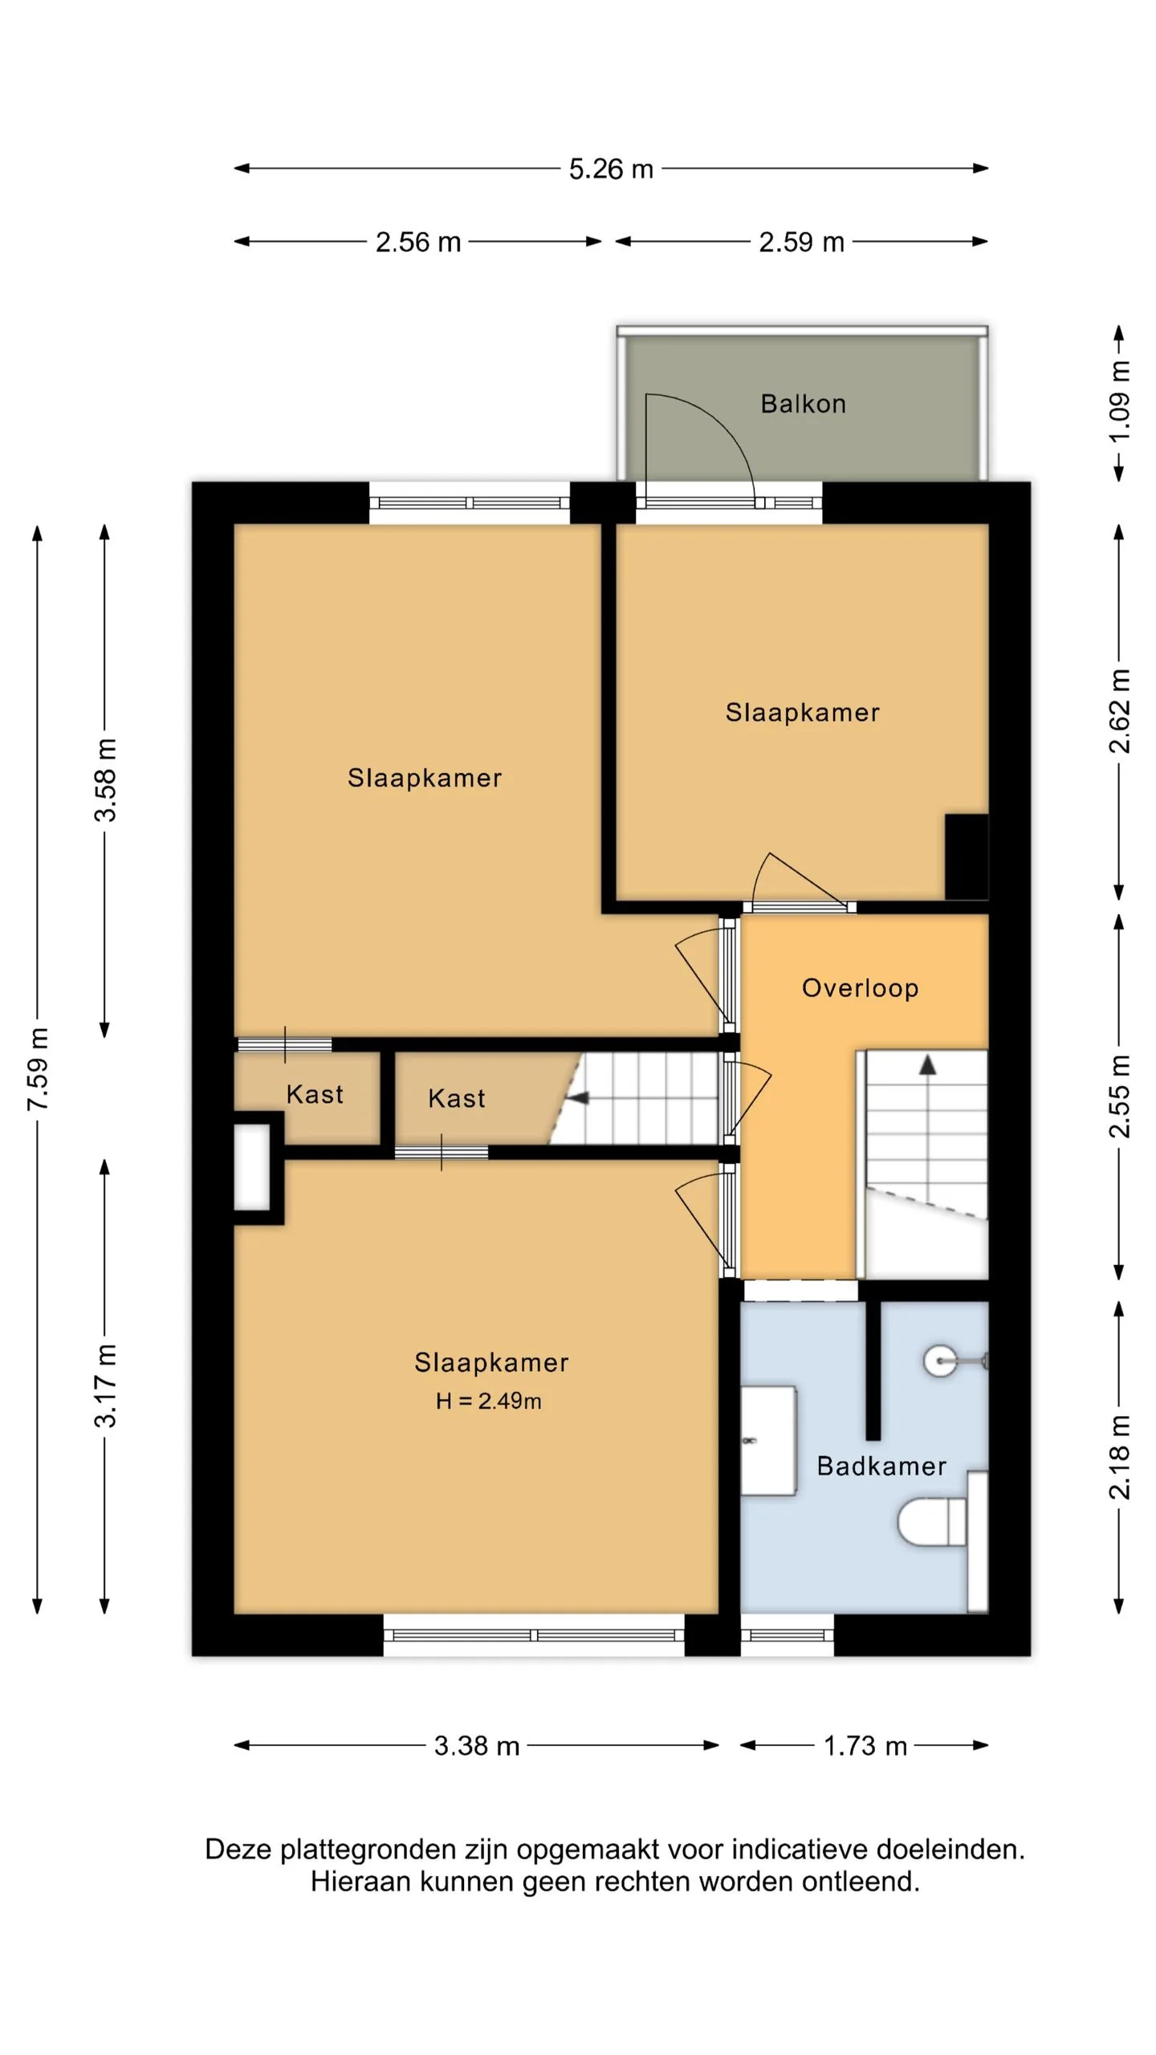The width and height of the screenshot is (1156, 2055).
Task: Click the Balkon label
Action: click(803, 403)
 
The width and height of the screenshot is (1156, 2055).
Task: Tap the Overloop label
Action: click(860, 988)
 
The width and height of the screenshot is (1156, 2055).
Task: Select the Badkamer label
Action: click(881, 1466)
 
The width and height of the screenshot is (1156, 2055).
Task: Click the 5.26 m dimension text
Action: click(611, 169)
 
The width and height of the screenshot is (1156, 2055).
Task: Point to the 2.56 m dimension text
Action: click(418, 242)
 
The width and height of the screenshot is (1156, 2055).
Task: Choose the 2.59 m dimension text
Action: click(802, 242)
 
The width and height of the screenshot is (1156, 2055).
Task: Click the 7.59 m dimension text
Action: click(38, 1068)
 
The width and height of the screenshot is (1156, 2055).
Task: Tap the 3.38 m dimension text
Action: click(477, 1745)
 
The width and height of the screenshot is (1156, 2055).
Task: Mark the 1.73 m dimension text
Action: click(865, 1745)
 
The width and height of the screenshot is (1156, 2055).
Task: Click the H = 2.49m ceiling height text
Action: click(488, 1401)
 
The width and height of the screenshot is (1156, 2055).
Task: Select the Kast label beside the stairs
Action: click(456, 1098)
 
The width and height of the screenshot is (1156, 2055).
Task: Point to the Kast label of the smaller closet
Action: click(315, 1094)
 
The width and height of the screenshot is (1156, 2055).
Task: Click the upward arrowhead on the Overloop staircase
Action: click(928, 1064)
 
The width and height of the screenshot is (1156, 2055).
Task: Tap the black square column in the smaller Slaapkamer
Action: click(967, 857)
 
